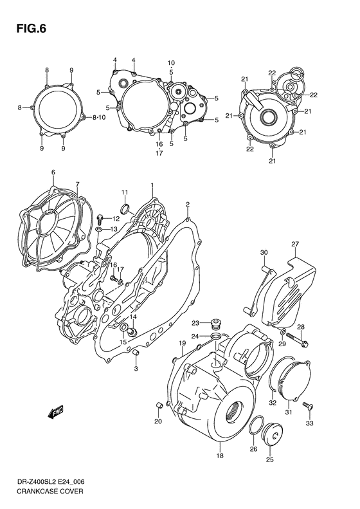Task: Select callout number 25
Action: click(x=269, y=459)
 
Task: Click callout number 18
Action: click(x=220, y=456)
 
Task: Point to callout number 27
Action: click(x=295, y=244)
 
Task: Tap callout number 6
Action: click(x=53, y=172)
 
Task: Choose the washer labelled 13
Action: click(x=98, y=229)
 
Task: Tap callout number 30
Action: click(x=263, y=252)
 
